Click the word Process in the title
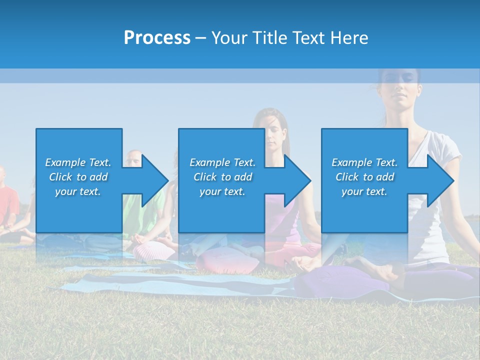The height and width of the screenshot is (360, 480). pyautogui.click(x=157, y=38)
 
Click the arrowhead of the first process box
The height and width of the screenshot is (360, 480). pyautogui.click(x=155, y=180)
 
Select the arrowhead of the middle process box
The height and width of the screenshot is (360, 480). pyautogui.click(x=297, y=180)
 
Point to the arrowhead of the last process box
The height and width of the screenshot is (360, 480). pyautogui.click(x=440, y=180)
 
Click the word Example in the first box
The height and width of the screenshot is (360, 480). pyautogui.click(x=65, y=162)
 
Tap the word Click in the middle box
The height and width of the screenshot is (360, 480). pyautogui.click(x=204, y=177)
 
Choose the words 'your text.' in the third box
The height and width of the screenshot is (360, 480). pyautogui.click(x=364, y=191)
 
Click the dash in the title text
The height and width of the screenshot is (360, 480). pyautogui.click(x=200, y=38)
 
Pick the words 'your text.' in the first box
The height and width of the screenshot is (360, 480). pyautogui.click(x=77, y=191)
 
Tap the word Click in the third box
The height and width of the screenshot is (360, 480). pyautogui.click(x=347, y=177)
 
